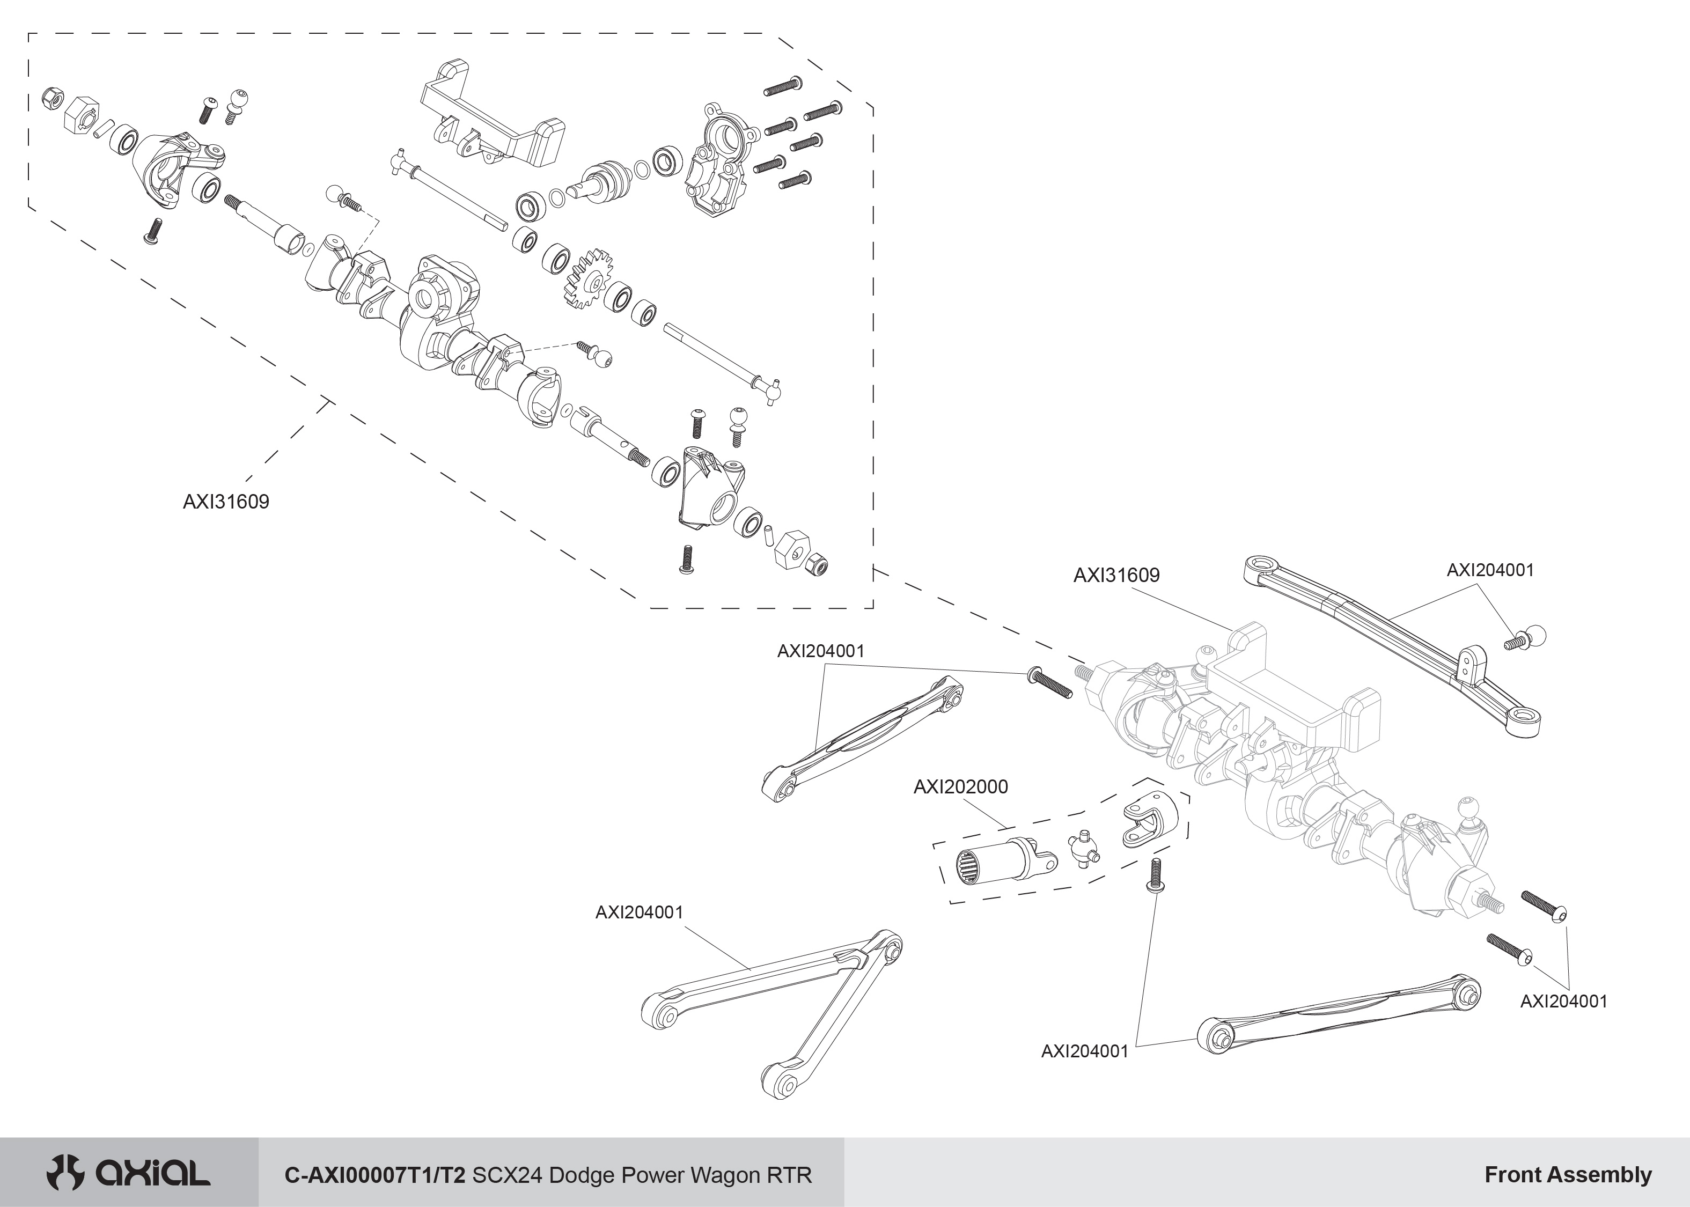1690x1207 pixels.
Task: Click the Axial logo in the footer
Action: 128,1174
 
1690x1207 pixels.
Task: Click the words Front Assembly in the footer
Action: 1568,1175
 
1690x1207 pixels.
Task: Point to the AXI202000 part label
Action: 960,787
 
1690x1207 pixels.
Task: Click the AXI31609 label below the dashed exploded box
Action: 226,502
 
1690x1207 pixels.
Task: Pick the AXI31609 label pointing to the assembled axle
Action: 1116,575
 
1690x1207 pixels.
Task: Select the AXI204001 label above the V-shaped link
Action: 639,912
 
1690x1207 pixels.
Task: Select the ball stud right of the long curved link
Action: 1526,637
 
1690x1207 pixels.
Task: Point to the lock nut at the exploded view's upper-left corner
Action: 52,97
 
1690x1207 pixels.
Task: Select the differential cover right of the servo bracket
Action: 717,160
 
